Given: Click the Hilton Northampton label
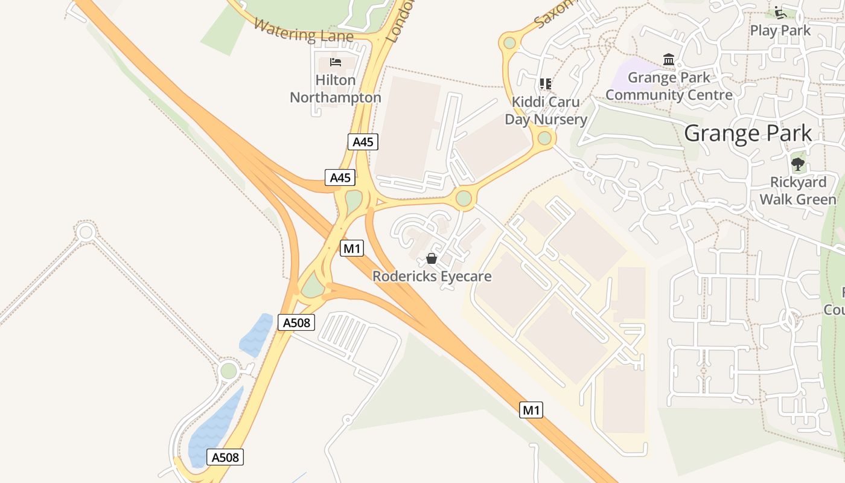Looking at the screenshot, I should click(x=336, y=89).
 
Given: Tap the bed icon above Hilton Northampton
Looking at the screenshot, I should click(x=336, y=62).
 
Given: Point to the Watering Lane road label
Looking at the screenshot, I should click(x=303, y=31).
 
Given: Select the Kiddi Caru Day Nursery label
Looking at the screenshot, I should click(x=546, y=110).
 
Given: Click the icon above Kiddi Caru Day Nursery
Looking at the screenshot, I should click(x=546, y=83).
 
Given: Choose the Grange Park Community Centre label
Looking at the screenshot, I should click(x=669, y=86).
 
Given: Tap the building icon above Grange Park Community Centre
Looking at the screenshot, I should click(x=669, y=59).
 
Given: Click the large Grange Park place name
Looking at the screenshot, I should click(x=748, y=133).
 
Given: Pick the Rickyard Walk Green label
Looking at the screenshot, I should click(x=798, y=191).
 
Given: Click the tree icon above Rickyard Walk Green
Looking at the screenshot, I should click(x=798, y=164).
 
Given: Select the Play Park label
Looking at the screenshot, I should click(x=780, y=30).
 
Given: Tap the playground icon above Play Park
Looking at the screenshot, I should click(x=780, y=12).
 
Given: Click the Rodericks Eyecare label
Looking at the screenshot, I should click(x=432, y=277).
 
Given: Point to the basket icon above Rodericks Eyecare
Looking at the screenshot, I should click(x=432, y=258).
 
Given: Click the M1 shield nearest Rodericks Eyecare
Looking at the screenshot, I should click(x=352, y=248).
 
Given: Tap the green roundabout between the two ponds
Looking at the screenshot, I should click(x=229, y=370).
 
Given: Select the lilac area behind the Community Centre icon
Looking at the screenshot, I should click(x=634, y=75).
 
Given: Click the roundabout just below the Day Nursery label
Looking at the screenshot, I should click(x=544, y=139).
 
